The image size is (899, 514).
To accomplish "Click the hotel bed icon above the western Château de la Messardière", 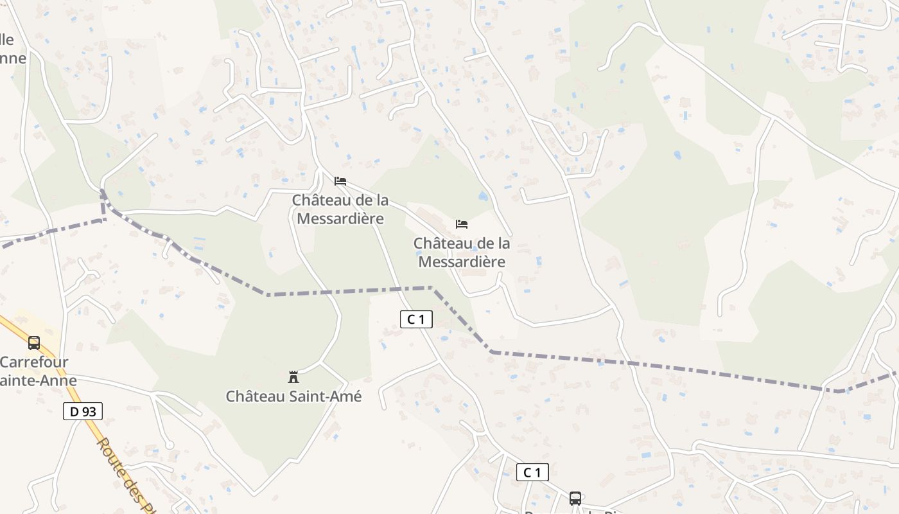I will (340, 181).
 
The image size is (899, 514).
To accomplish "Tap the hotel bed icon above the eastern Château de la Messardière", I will (461, 224).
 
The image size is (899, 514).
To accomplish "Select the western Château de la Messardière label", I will (340, 209).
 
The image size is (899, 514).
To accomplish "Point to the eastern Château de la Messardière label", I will (462, 253).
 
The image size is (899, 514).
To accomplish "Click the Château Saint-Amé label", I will (293, 396).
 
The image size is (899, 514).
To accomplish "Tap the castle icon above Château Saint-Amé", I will (293, 377).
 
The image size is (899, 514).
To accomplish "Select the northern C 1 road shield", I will (416, 319).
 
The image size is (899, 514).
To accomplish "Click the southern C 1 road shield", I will (532, 473).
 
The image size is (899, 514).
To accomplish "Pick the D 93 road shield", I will (83, 411).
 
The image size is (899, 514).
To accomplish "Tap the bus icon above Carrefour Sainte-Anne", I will (34, 343).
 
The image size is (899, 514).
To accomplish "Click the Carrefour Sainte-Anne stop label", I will (39, 371).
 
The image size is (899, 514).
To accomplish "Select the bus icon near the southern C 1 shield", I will (575, 498).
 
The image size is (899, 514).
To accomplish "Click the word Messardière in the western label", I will (340, 219).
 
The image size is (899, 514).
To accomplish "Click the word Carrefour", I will (34, 362).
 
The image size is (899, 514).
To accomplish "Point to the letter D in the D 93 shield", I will (74, 411).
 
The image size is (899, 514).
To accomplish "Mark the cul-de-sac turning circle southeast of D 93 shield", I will (170, 445).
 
